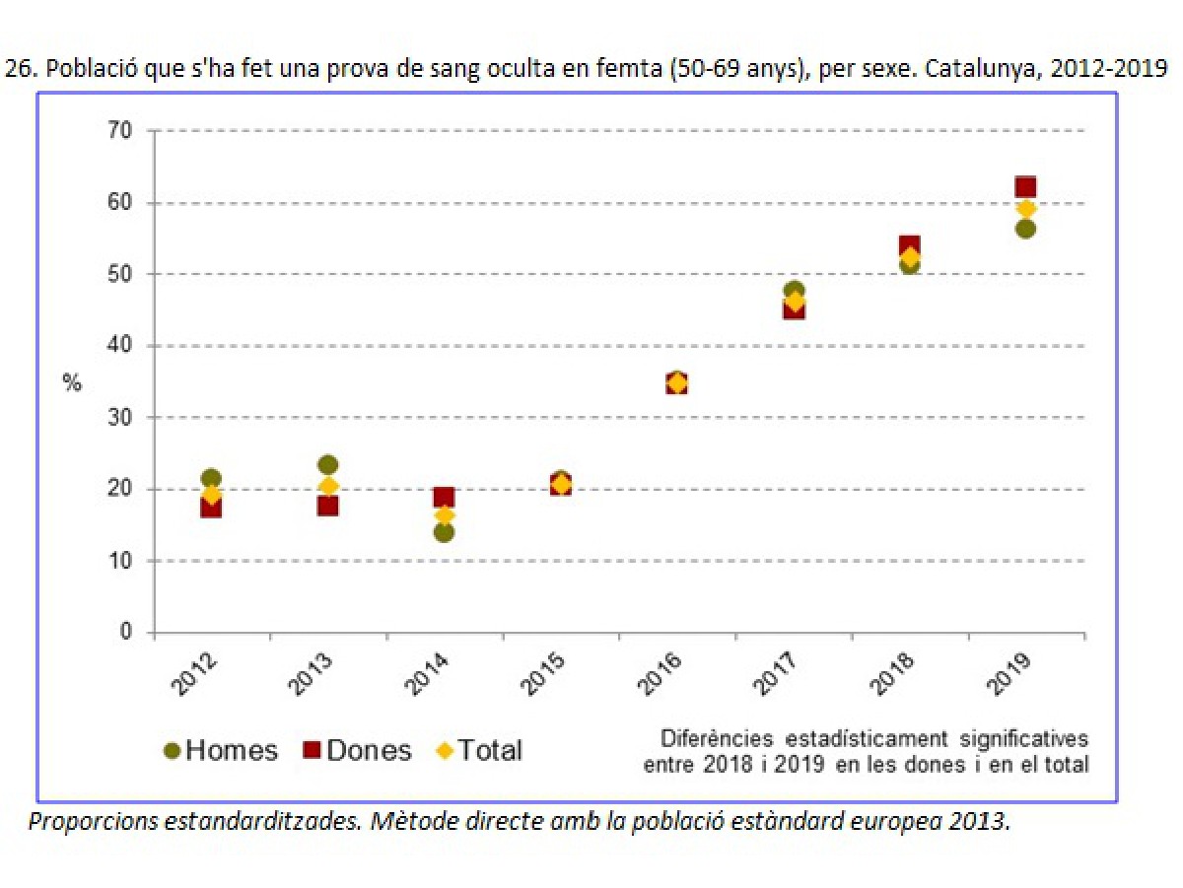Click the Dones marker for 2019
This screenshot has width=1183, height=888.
click(x=1025, y=187)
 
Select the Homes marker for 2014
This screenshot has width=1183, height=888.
click(x=444, y=532)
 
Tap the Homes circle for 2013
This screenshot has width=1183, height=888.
click(x=328, y=464)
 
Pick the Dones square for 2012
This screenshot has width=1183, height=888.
click(x=211, y=508)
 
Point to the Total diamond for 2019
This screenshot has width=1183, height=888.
click(x=1025, y=209)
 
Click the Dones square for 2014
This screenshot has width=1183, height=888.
click(x=444, y=498)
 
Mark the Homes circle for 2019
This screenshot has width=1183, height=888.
click(x=1025, y=229)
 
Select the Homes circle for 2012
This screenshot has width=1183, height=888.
click(x=211, y=479)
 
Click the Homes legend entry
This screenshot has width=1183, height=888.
click(x=221, y=750)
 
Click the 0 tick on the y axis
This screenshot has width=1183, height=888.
click(x=125, y=632)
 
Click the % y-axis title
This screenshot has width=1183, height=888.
click(x=72, y=383)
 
